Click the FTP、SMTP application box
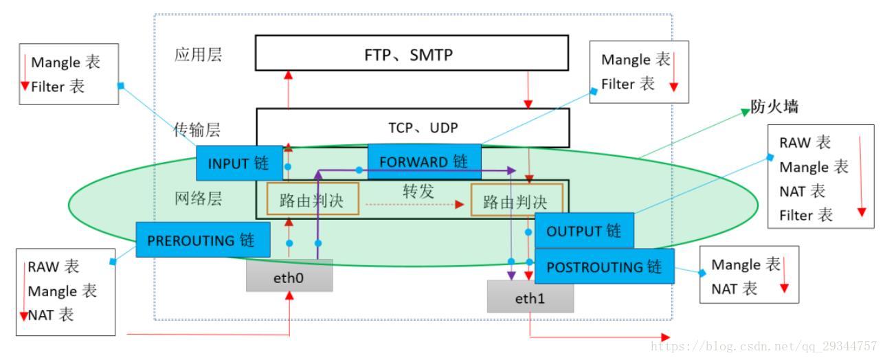point(411,53)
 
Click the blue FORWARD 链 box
point(423,162)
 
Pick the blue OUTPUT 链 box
point(583,231)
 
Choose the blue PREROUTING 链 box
point(201,240)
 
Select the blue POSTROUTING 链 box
point(604,267)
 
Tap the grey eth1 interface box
point(530,299)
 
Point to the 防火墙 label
point(774,108)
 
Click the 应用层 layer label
point(198,55)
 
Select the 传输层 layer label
point(197,129)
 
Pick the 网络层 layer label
point(197,199)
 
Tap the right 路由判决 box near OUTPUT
point(515,202)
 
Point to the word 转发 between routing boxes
point(418,192)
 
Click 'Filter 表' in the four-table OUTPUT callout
point(806,215)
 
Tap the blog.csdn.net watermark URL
point(763,346)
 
